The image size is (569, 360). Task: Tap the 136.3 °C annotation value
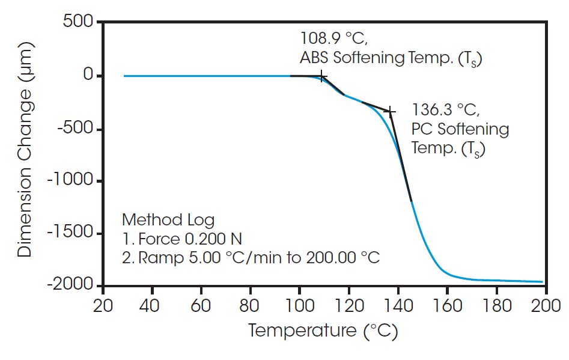click(x=445, y=110)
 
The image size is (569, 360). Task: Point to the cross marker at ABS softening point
click(x=322, y=76)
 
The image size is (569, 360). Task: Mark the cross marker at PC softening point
click(x=390, y=111)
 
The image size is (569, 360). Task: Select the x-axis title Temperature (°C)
click(x=323, y=330)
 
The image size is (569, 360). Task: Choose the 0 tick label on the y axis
click(x=87, y=76)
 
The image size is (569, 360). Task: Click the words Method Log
click(x=168, y=219)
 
